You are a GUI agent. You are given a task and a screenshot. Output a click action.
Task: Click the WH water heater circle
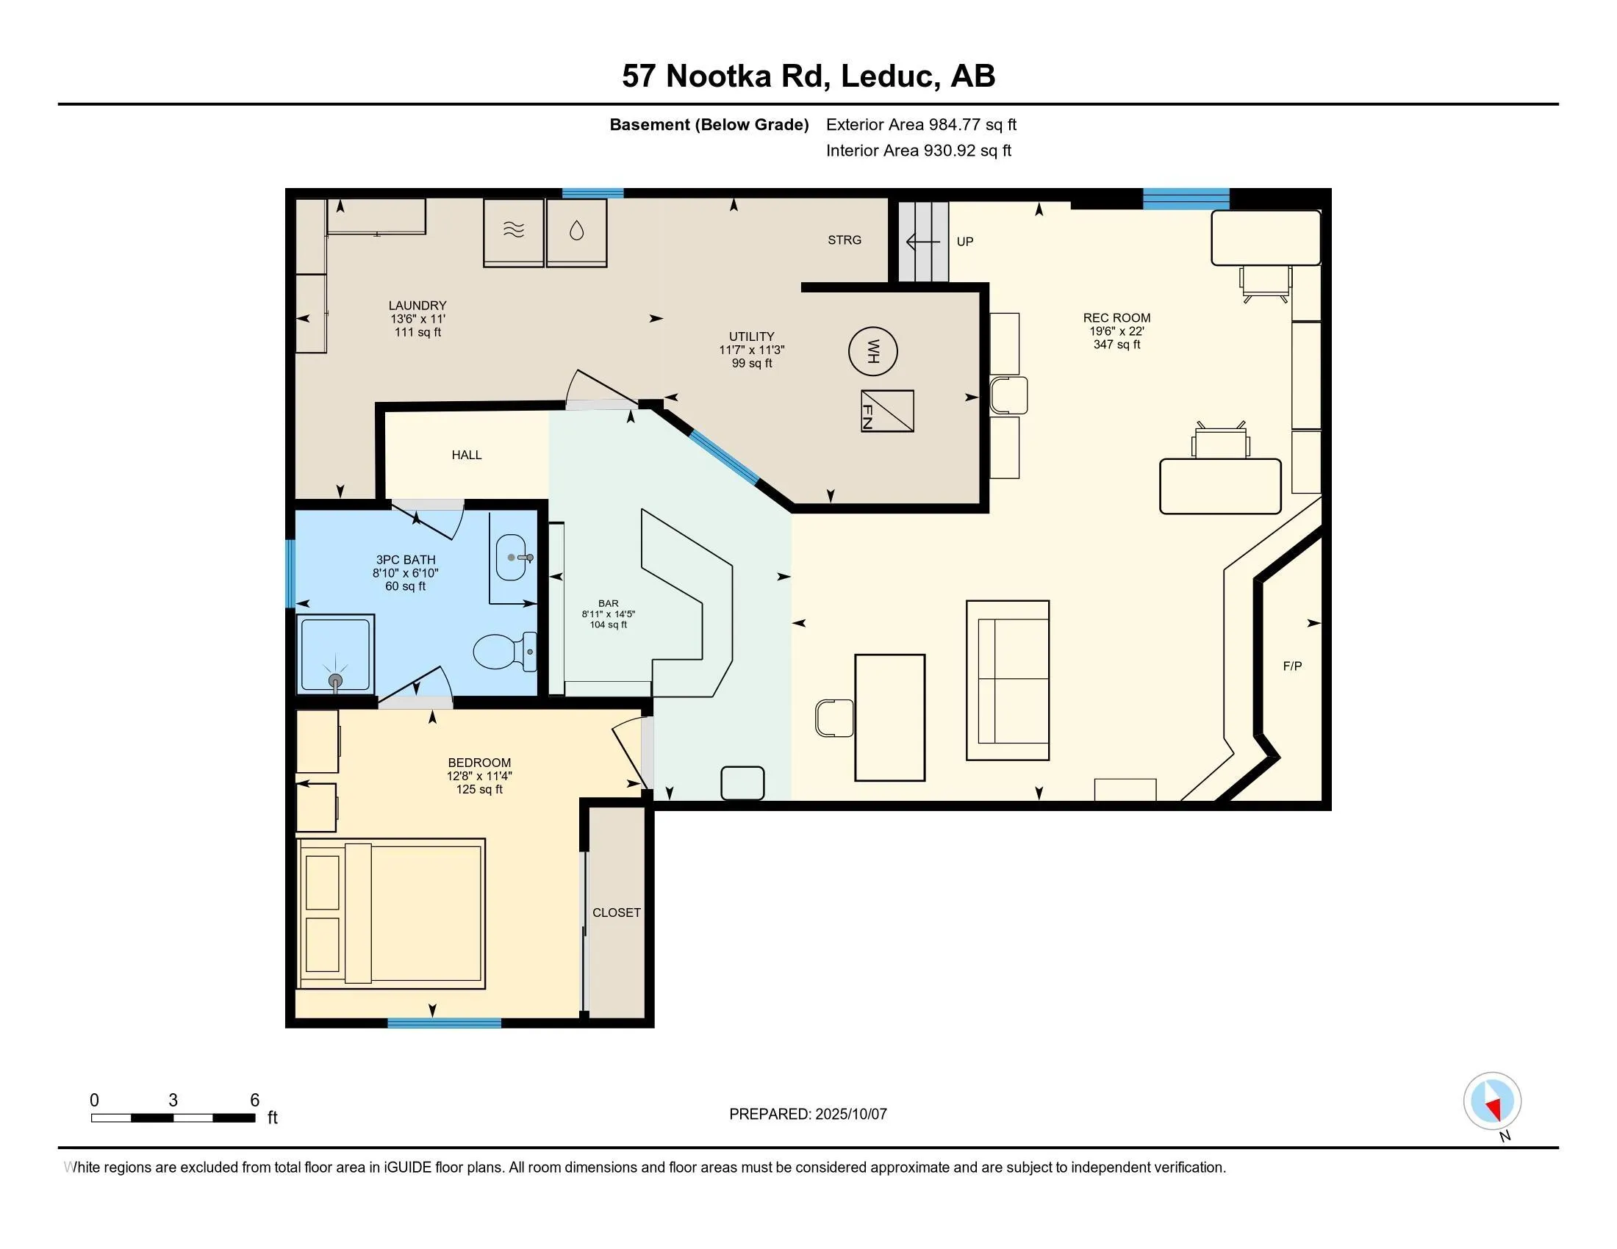point(873,351)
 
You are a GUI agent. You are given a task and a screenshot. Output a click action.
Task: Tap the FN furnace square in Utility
point(887,411)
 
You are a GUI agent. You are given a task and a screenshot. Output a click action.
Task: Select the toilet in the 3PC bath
point(505,651)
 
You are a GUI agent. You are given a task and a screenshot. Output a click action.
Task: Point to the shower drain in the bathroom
point(336,681)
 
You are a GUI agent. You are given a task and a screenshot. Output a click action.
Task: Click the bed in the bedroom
point(390,914)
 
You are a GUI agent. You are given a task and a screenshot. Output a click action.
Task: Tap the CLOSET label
point(616,913)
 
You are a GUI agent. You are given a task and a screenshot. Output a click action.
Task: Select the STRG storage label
point(845,240)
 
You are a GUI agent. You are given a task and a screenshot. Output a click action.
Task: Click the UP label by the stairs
point(965,241)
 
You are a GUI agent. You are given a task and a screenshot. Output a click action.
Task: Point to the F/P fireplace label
point(1292,666)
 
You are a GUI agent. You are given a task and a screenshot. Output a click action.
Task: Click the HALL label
point(467,455)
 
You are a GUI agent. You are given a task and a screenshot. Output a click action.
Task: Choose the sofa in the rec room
point(1008,680)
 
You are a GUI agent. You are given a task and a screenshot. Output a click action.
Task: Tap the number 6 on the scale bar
point(255,1101)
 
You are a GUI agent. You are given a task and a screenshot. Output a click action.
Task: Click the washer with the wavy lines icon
point(514,232)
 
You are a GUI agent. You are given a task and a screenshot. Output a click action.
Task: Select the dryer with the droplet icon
point(577,232)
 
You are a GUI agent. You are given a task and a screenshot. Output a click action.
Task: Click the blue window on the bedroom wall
point(444,1023)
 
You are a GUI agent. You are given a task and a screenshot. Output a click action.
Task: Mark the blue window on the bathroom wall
point(290,575)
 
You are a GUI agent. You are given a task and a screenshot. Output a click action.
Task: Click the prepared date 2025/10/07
point(850,1115)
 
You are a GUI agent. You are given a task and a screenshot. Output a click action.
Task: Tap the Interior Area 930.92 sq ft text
point(919,151)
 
